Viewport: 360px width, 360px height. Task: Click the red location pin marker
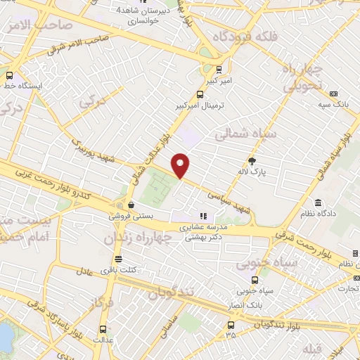(x=181, y=165)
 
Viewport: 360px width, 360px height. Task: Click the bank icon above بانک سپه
(x=333, y=94)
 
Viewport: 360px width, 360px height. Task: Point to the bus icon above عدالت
(x=103, y=329)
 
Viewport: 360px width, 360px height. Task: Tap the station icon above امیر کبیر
(x=219, y=69)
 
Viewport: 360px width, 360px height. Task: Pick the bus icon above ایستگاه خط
(x=10, y=75)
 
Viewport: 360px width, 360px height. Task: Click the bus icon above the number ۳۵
(x=231, y=324)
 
